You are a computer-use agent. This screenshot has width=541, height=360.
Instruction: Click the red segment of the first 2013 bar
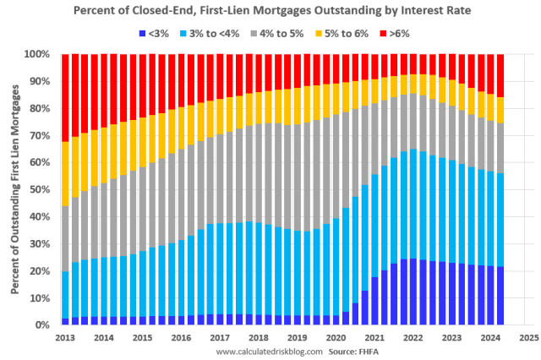pyautogui.click(x=65, y=97)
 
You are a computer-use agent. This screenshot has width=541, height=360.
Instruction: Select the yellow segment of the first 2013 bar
pyautogui.click(x=65, y=173)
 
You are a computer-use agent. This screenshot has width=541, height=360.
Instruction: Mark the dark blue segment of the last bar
pyautogui.click(x=500, y=295)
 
